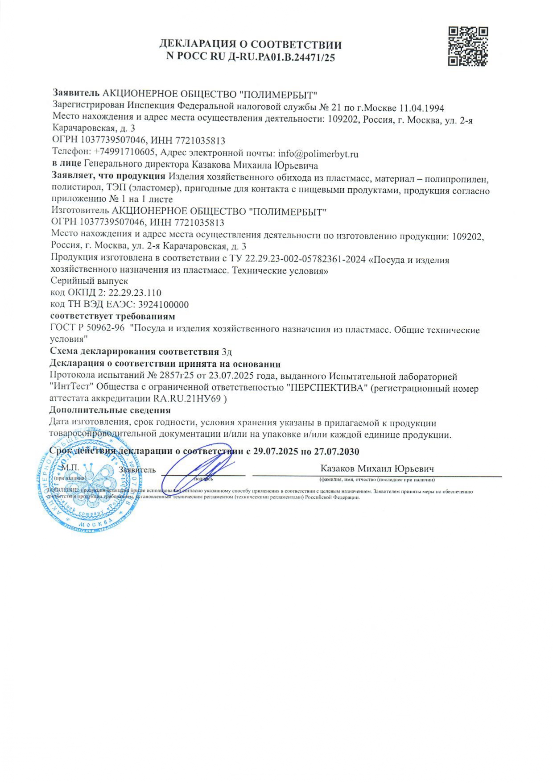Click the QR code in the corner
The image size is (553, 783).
click(468, 46)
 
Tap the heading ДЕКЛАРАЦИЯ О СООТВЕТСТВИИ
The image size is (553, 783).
click(251, 45)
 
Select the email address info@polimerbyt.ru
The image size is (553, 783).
click(318, 154)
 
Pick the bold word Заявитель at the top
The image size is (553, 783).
click(76, 93)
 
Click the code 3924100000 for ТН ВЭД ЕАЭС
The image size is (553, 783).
click(163, 305)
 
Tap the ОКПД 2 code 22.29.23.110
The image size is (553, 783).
click(135, 293)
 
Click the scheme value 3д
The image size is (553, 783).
click(227, 352)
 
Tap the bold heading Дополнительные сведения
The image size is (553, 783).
click(110, 410)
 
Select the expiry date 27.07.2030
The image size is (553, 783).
click(336, 452)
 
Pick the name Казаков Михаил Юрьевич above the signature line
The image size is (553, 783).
click(377, 468)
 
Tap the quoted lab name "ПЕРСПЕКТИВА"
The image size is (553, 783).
click(328, 388)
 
